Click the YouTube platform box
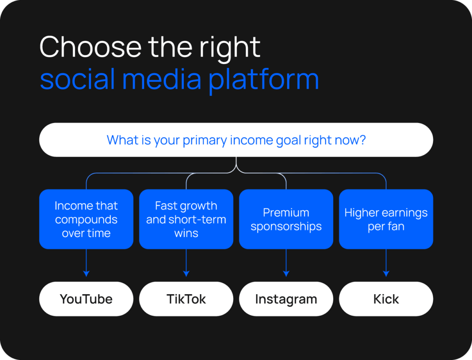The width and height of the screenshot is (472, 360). coord(86,299)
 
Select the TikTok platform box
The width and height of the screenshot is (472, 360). coord(186,299)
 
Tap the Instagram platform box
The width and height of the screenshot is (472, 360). coord(286,299)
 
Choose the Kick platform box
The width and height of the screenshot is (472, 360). coord(386,299)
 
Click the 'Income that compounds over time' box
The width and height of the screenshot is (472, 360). coord(86,219)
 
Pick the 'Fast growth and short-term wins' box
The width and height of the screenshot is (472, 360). coord(186,219)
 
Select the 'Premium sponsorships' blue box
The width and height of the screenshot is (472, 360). coord(286,219)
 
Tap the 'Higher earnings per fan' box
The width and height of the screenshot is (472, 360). coord(386,219)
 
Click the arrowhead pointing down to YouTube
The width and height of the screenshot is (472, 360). coord(86,274)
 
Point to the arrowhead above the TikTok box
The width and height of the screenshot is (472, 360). coord(186,274)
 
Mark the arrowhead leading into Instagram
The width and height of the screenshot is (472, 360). coord(286,274)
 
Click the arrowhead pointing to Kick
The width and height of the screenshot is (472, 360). coord(386,274)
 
